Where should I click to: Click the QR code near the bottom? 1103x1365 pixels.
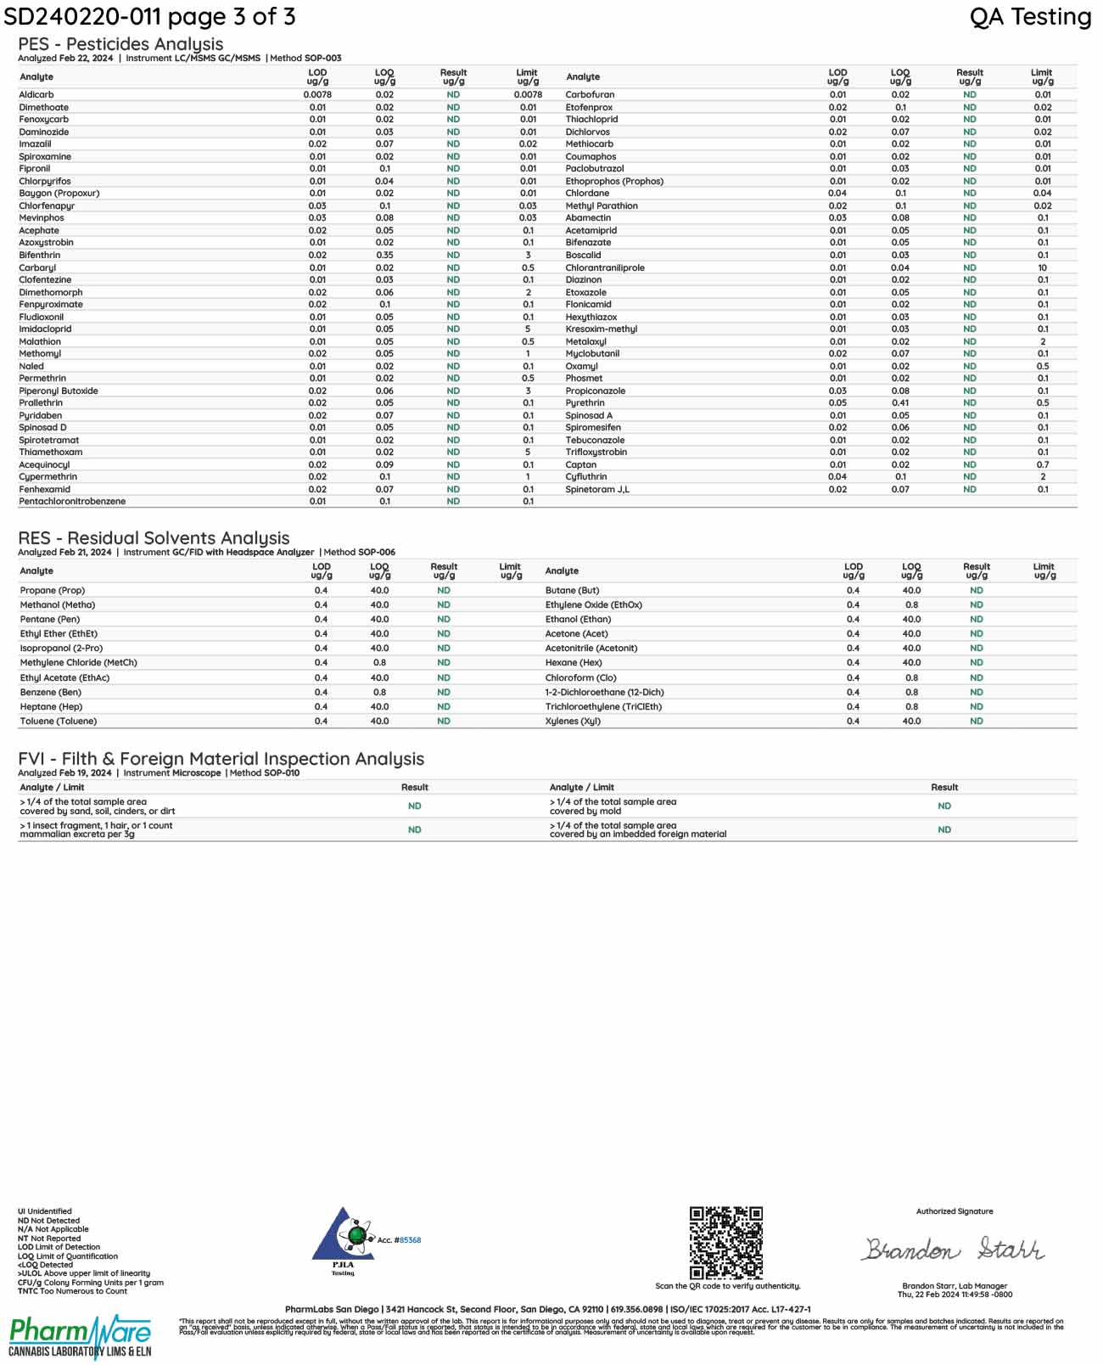pos(725,1243)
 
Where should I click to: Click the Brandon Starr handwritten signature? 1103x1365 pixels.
pos(954,1249)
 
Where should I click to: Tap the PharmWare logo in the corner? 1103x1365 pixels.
pos(81,1336)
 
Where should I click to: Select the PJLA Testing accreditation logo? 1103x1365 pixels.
pos(344,1240)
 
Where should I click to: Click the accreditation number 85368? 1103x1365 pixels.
pos(410,1240)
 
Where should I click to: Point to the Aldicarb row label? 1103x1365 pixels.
pos(36,95)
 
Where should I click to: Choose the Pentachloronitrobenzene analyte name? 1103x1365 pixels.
pos(72,502)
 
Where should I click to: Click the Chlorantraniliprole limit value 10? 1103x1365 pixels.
pos(1043,267)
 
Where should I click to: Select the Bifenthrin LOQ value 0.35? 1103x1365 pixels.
pos(384,255)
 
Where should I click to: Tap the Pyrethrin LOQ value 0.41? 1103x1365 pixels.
pos(900,403)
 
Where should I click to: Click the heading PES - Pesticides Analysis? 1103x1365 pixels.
pos(120,44)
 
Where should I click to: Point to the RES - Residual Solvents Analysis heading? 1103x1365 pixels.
pos(154,538)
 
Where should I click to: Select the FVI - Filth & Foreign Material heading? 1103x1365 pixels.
pos(221,759)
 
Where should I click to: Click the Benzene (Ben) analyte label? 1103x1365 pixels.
pos(51,693)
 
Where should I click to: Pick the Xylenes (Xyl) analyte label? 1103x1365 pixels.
pos(573,722)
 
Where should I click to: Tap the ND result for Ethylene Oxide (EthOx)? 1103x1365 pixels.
pos(977,605)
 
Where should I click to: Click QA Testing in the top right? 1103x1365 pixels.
pos(1030,17)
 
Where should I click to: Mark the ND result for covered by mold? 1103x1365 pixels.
pos(944,806)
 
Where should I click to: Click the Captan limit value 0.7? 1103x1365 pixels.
pos(1043,465)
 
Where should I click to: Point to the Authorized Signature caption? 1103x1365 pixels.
pos(955,1211)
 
